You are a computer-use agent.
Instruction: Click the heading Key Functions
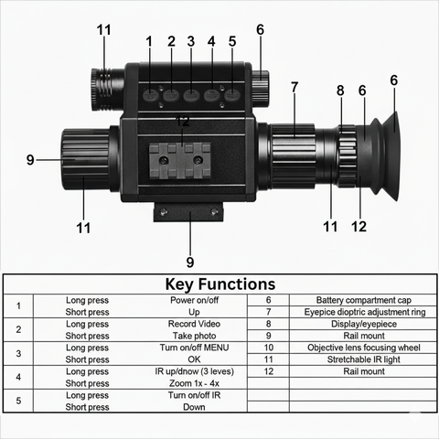click(219, 284)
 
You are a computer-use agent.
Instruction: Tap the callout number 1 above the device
click(149, 41)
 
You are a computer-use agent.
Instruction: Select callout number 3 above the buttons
click(191, 41)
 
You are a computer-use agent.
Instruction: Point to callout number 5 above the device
click(232, 41)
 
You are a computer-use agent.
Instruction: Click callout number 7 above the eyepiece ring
click(294, 88)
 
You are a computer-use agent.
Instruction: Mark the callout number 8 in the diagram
click(340, 91)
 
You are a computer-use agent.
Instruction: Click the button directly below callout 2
click(171, 93)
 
